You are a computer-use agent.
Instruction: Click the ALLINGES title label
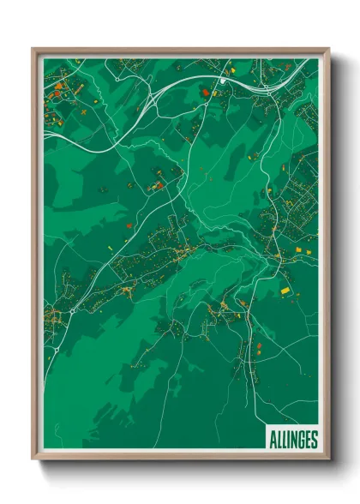click(292, 440)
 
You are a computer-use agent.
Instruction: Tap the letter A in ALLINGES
click(273, 440)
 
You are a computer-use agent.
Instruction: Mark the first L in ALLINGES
click(278, 440)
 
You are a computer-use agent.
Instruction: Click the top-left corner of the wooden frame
click(33, 49)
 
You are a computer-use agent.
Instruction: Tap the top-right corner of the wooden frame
click(328, 49)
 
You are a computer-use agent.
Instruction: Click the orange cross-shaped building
click(83, 111)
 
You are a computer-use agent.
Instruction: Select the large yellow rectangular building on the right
click(286, 291)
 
